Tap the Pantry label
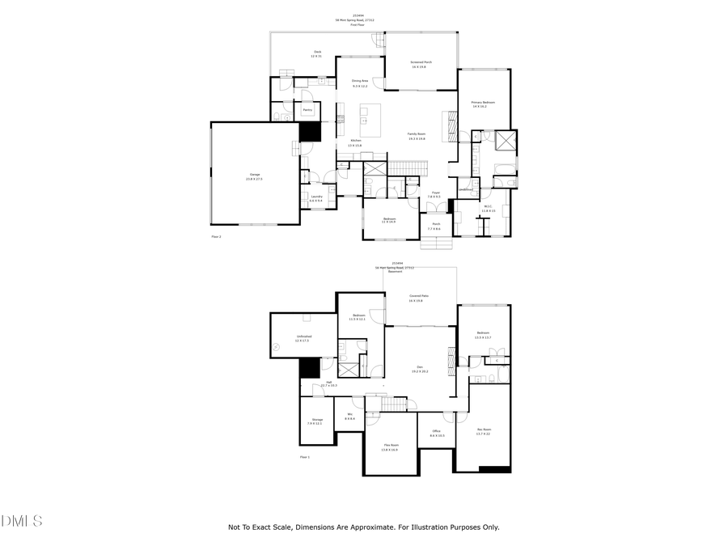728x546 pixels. [307, 110]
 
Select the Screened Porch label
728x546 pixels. [418, 62]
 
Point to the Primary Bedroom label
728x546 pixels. [483, 103]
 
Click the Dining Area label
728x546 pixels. [360, 81]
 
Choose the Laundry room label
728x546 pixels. [317, 197]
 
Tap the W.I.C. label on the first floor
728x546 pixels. [489, 206]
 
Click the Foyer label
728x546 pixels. [435, 193]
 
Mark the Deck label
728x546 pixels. [317, 53]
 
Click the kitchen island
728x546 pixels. [370, 120]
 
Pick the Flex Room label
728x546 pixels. [390, 446]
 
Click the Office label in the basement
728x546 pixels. [437, 434]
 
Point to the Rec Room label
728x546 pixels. [484, 430]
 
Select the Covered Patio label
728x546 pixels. [419, 297]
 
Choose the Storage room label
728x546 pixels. [317, 420]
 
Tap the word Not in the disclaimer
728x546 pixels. [235, 527]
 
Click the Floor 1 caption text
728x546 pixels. [305, 457]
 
